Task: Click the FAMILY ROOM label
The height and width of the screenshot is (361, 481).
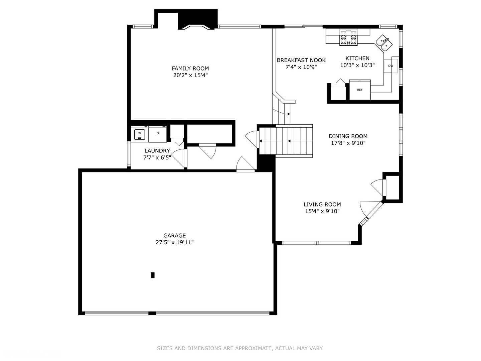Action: tap(190, 69)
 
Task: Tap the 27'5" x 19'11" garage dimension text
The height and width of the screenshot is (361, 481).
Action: tap(174, 243)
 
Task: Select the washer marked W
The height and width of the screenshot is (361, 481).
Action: tap(139, 134)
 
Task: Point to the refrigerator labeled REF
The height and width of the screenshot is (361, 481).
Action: tap(360, 90)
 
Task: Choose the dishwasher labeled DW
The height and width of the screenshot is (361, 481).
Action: tap(390, 66)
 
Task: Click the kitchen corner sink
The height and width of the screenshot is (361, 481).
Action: tap(384, 43)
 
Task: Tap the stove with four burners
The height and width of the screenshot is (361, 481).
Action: tap(348, 37)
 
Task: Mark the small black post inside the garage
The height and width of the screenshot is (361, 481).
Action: tap(153, 275)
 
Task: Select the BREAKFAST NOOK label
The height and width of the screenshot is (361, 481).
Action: tap(301, 60)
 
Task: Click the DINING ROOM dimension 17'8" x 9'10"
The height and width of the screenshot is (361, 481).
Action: tap(348, 143)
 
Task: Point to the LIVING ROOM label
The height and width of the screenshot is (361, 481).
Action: tap(322, 204)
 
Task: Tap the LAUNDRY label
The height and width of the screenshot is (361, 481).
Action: tap(157, 151)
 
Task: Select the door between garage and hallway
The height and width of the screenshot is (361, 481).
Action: tap(246, 164)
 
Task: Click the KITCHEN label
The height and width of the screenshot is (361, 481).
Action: tap(357, 58)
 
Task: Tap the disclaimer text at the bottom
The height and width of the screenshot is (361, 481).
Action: tap(240, 348)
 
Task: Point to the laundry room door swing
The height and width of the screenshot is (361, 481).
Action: tap(179, 158)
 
